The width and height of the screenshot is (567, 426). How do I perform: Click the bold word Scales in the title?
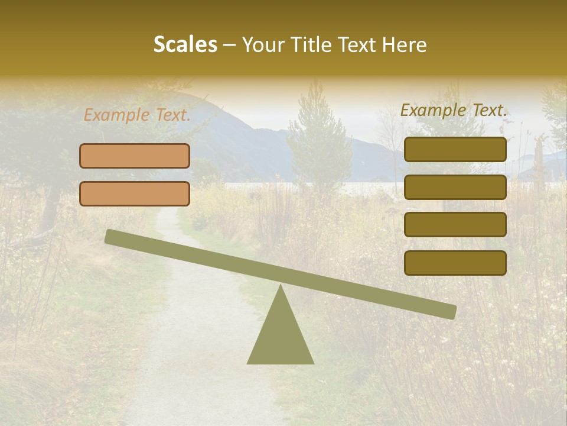[185, 44]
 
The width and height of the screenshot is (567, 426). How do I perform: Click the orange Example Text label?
[137, 115]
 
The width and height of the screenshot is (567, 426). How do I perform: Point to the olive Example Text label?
[454, 110]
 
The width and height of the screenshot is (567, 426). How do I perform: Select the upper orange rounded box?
[135, 156]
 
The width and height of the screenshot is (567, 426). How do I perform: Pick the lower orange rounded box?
[135, 193]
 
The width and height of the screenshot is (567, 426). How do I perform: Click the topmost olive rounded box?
[455, 149]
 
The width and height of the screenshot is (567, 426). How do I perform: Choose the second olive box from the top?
[455, 187]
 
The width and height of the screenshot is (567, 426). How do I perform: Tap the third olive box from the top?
[455, 225]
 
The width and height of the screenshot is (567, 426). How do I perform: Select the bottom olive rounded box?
[455, 263]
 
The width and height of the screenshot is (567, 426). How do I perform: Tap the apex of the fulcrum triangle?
[281, 287]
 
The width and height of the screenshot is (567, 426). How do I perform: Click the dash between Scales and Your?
[230, 45]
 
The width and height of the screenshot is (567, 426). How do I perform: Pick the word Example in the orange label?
[117, 115]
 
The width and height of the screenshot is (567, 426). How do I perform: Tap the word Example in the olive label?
[433, 110]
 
